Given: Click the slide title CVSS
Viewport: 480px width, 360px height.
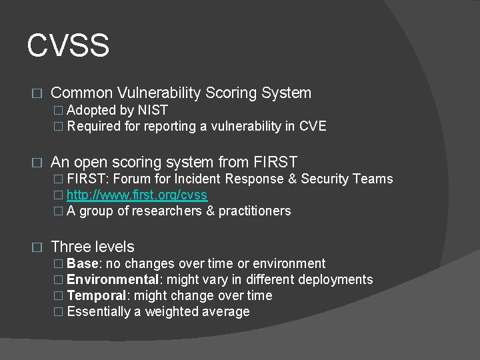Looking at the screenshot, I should coord(68,46).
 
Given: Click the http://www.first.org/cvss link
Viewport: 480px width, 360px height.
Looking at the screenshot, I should coord(137,195).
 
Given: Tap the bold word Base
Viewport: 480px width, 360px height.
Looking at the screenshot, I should coord(83,263).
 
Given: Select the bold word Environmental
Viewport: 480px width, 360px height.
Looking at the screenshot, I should coord(111,279).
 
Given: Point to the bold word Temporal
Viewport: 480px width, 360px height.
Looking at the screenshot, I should coord(96,295).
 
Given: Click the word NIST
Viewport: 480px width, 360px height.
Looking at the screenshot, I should coord(153,110).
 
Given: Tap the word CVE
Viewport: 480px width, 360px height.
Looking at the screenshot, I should coord(312,126).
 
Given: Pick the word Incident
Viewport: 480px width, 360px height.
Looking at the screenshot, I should coord(197,179).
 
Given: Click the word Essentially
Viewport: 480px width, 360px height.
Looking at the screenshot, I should coord(99,311).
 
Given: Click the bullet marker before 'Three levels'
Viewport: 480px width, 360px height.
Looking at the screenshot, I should coord(37,247).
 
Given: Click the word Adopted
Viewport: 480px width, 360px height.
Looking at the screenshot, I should coord(91,110).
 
